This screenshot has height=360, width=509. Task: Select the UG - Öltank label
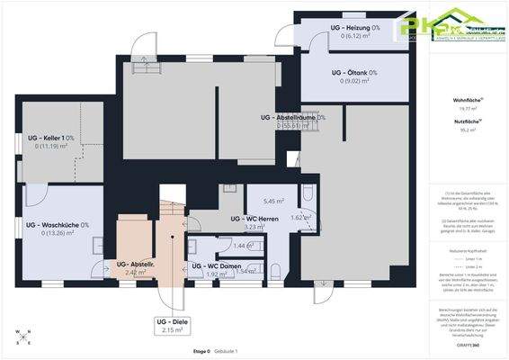click(353, 72)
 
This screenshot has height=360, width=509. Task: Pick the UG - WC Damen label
click(217, 266)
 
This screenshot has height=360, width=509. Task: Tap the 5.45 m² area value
click(273, 202)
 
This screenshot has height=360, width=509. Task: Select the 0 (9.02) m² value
click(353, 81)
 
